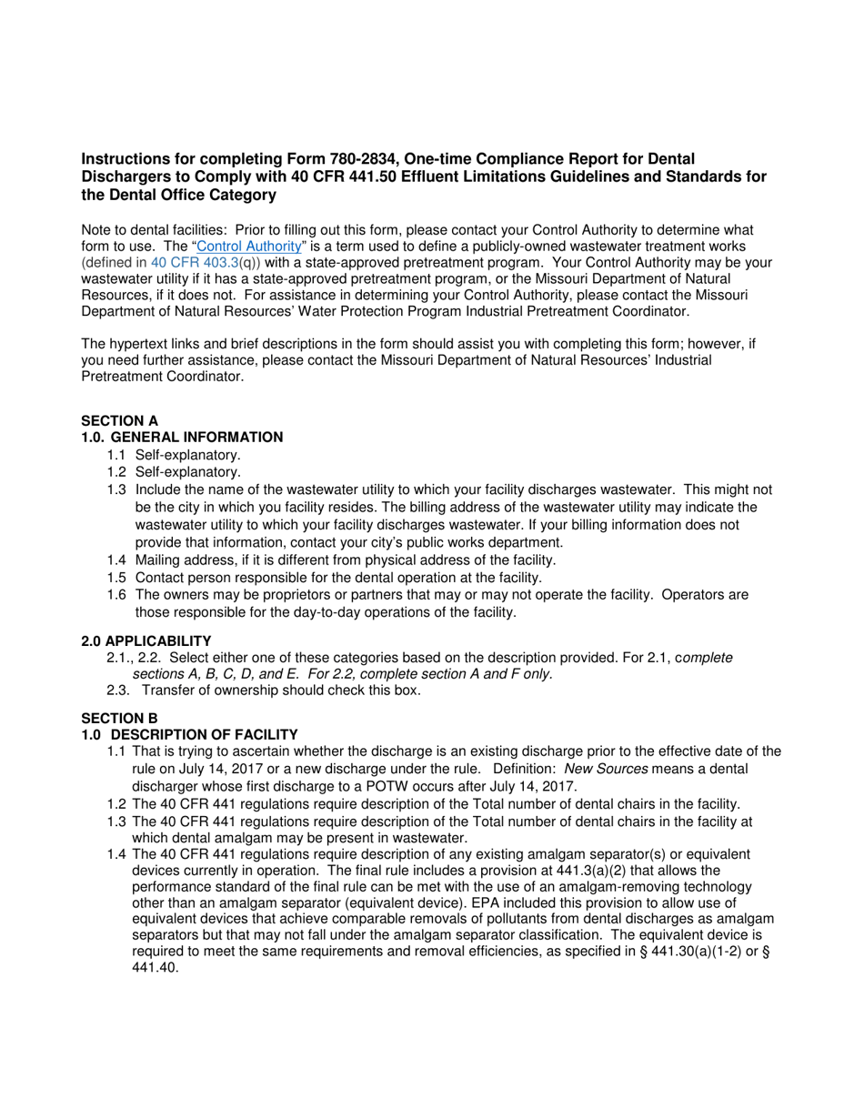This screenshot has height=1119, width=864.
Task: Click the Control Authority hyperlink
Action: click(x=248, y=247)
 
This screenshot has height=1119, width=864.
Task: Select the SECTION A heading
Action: click(x=119, y=420)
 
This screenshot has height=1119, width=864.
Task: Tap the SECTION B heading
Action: click(x=119, y=718)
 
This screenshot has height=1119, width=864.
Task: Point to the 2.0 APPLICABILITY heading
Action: click(x=146, y=640)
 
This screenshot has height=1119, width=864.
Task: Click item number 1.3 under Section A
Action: click(x=116, y=489)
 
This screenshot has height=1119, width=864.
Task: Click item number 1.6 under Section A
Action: click(x=116, y=595)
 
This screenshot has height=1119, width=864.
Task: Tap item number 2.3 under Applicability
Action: click(x=116, y=690)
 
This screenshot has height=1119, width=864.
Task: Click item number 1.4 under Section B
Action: click(x=116, y=854)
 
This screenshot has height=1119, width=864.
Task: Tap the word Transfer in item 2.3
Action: click(x=168, y=690)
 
